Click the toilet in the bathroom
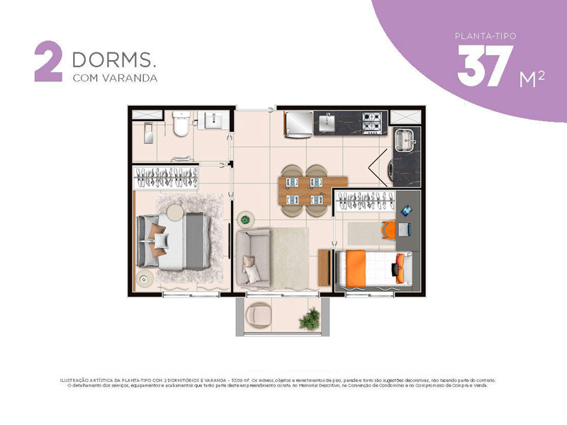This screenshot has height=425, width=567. (181, 125)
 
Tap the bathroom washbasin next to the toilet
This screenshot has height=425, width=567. (214, 122)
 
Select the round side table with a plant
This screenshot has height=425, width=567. (246, 219)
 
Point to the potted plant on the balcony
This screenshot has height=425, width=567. (309, 320)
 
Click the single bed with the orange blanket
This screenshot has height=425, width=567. (372, 269)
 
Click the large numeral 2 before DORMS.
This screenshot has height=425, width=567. (49, 64)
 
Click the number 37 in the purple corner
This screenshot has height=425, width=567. (486, 67)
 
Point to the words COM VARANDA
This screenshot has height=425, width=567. (114, 78)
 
